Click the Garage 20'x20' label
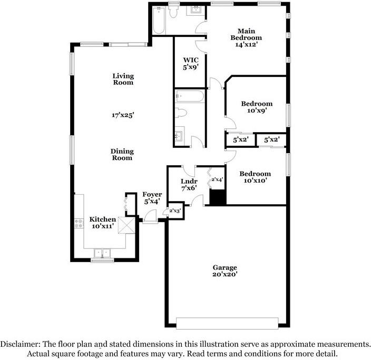click(x=224, y=271)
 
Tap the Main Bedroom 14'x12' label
click(x=246, y=38)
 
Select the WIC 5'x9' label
click(x=190, y=64)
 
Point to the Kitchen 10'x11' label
click(x=103, y=223)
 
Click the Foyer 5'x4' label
click(x=152, y=198)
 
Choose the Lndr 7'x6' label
click(x=189, y=185)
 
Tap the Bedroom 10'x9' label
click(x=257, y=107)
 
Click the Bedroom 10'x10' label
click(x=255, y=177)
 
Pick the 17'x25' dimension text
click(x=123, y=115)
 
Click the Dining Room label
click(x=122, y=154)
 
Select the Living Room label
click(x=123, y=79)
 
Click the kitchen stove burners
click(x=79, y=223)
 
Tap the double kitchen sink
click(x=102, y=253)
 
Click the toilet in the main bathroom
click(x=173, y=12)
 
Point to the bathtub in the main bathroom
click(x=159, y=21)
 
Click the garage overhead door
click(x=227, y=323)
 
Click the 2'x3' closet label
click(x=175, y=211)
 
